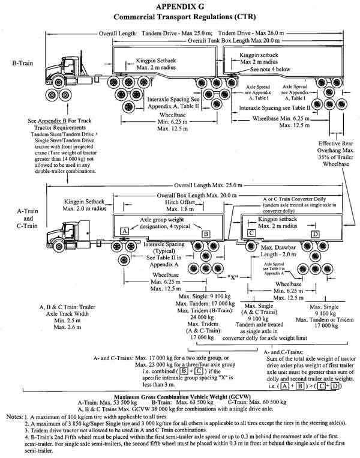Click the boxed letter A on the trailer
pos(124,212)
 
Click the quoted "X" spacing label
pos(234,278)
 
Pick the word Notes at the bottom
pos(14,415)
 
